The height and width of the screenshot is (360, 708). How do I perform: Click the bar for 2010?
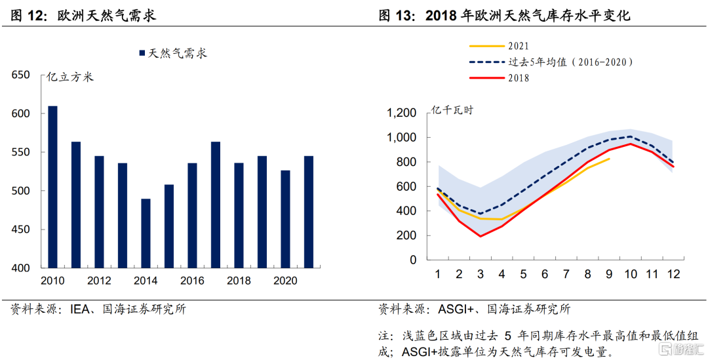52,187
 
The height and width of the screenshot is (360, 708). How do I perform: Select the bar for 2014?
146,233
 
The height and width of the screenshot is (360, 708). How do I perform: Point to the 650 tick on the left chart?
22,75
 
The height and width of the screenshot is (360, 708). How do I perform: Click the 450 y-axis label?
22,230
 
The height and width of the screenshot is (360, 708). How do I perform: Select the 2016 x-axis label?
192,281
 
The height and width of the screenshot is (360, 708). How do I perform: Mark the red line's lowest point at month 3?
481,236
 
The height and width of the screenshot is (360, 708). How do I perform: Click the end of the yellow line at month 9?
609,159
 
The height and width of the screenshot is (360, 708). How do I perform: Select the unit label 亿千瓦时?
452,110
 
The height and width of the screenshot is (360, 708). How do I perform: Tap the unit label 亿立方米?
70,77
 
